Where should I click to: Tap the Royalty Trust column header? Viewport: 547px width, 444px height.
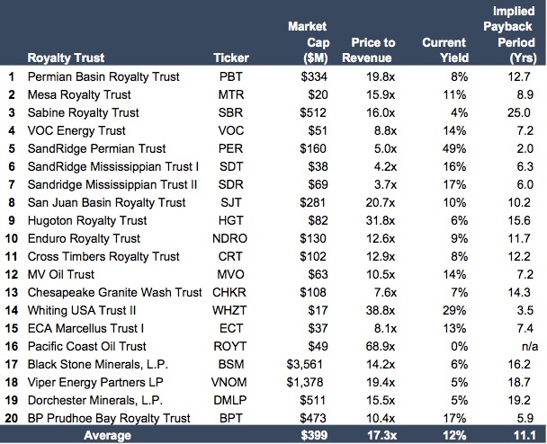[x=71, y=58]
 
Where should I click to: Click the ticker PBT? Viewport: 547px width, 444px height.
[x=231, y=77]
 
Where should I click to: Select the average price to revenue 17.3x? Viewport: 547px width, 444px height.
[x=372, y=435]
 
